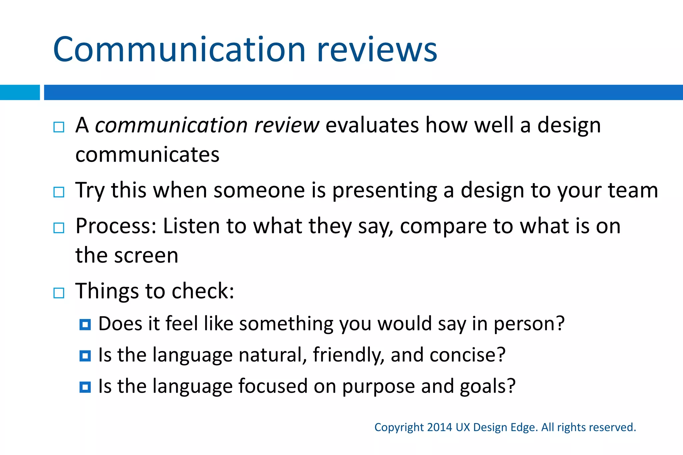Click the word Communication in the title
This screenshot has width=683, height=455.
(179, 50)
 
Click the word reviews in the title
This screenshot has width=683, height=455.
(377, 50)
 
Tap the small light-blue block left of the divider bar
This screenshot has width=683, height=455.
(20, 92)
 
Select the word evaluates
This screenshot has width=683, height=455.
(372, 126)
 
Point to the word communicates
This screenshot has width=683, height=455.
(147, 155)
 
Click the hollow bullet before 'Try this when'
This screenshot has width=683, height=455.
(59, 192)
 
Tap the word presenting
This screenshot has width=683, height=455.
(385, 191)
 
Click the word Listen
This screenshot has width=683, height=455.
(191, 226)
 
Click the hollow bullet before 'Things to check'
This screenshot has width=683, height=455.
(59, 293)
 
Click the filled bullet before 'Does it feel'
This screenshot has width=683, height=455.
(85, 324)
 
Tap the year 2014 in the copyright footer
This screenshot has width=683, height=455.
(439, 427)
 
